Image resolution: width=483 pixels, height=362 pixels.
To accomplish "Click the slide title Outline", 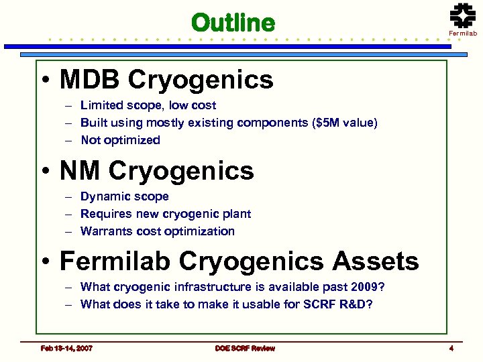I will (233, 23).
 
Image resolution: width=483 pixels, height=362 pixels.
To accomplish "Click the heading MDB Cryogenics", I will (166, 80).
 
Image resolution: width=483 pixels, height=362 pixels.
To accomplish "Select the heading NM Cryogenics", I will (156, 171).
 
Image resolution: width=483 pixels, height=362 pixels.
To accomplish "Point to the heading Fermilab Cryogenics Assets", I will (239, 261).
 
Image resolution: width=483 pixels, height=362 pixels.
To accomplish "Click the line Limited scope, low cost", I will (148, 105).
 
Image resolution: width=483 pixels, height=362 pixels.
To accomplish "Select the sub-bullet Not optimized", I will (120, 140).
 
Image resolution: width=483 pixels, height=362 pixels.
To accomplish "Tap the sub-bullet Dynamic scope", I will (124, 196).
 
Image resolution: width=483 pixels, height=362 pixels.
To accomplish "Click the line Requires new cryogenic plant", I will (165, 214).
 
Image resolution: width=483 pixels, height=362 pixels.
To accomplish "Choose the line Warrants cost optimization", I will (157, 231).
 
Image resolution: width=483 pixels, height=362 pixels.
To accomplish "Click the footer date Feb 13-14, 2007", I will (66, 349).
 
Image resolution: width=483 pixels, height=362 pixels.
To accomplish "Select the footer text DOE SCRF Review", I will (245, 349).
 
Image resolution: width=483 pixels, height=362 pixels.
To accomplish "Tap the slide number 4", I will (451, 349).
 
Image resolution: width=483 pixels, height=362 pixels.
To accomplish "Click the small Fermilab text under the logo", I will (463, 33).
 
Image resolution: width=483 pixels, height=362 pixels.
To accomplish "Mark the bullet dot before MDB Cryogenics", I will (44, 82).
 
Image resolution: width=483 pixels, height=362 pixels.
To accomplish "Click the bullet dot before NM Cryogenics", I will (44, 173).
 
